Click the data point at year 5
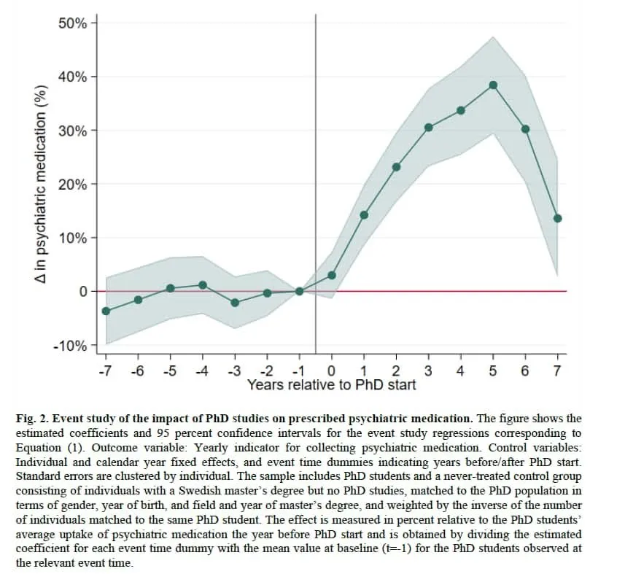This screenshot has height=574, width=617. [x=493, y=85]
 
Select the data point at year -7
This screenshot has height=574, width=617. [x=106, y=311]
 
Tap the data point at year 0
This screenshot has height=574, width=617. [x=332, y=275]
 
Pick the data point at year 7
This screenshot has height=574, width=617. [x=557, y=218]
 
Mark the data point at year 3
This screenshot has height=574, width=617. [x=429, y=128]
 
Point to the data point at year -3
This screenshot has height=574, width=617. [x=235, y=302]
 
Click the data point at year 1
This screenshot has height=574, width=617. [x=364, y=215]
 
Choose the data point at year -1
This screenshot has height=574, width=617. [x=299, y=291]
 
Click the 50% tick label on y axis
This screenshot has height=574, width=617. [x=72, y=23]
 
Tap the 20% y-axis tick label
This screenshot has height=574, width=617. [x=72, y=185]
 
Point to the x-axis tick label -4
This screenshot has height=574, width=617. [x=201, y=371]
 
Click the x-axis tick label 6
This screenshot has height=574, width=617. [x=525, y=371]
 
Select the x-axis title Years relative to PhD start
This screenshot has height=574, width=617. [x=331, y=384]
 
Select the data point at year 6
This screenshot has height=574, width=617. [x=525, y=129]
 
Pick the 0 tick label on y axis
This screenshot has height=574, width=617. [x=83, y=292]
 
